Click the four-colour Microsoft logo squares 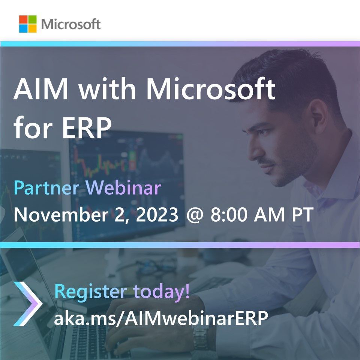pyautogui.click(x=28, y=24)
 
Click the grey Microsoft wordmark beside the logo pyautogui.click(x=71, y=24)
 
